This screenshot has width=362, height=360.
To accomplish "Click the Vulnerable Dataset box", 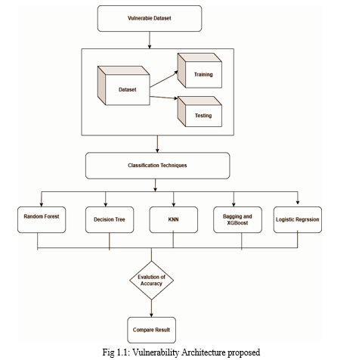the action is (x=150, y=18).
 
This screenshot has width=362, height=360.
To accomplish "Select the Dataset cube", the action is (x=124, y=85).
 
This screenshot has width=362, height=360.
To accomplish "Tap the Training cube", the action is (x=200, y=70).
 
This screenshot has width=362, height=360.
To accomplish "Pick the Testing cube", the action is (x=200, y=111).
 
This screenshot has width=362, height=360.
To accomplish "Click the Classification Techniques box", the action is (x=157, y=166).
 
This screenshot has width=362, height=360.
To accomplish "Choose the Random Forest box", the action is (x=42, y=219).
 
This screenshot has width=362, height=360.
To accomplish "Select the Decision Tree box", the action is (x=110, y=219).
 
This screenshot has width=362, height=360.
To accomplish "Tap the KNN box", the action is (x=173, y=219).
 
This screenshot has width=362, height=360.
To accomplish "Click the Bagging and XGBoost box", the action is (x=237, y=219).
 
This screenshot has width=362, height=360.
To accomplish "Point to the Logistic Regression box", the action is (x=298, y=219).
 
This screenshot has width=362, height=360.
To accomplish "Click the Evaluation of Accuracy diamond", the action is (x=151, y=281).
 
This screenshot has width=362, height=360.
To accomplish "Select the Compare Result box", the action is (x=151, y=330).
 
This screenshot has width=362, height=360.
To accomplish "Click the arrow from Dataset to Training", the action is (x=164, y=79).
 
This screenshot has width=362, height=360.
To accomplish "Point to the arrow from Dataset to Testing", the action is (x=164, y=98).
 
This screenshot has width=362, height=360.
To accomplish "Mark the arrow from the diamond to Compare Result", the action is (x=151, y=309).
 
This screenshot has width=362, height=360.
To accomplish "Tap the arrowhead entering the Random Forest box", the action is (x=42, y=204).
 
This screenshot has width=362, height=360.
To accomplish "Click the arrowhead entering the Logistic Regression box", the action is (x=298, y=202).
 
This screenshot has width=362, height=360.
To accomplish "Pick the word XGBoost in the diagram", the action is (x=237, y=223).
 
